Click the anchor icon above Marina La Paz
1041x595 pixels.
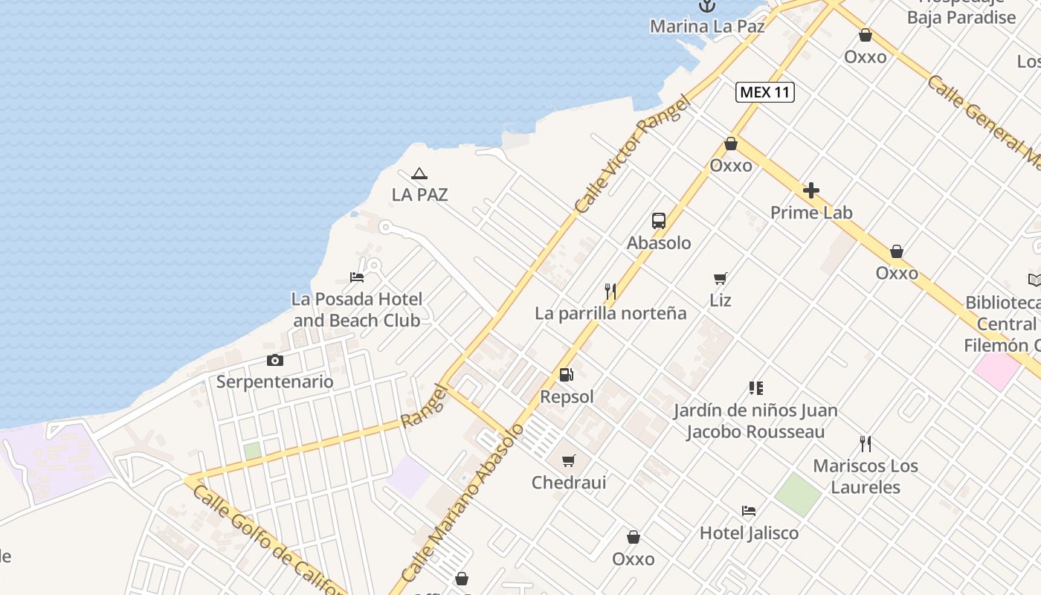706,6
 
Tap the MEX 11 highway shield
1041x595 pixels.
765,92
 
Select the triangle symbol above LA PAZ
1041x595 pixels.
419,174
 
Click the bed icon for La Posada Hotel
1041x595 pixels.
357,277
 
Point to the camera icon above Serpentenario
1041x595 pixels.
275,361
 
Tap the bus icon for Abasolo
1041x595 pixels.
659,221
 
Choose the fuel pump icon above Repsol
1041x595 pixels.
567,376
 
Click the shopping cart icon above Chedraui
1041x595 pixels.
569,461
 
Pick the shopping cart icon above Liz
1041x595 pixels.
720,279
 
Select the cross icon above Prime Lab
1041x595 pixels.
811,190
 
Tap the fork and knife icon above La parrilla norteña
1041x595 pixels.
610,292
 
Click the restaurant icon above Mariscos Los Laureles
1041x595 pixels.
866,444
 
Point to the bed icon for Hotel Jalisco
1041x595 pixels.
749,511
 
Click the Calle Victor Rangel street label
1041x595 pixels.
632,156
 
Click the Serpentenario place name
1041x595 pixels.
275,382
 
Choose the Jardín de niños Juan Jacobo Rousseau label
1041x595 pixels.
755,421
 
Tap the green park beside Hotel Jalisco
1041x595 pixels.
798,494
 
